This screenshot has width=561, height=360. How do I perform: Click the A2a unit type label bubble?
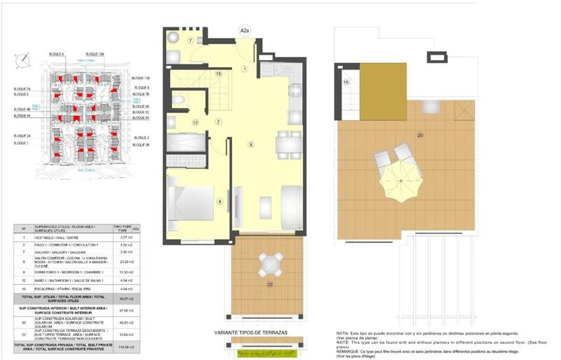click(245, 31)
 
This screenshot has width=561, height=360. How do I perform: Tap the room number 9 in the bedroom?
click(219, 201)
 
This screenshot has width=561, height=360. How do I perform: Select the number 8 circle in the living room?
click(250, 145)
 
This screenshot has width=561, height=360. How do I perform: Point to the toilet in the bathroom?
click(178, 101)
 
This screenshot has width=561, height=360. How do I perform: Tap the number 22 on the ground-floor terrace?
click(269, 284)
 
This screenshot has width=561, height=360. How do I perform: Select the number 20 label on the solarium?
click(420, 135)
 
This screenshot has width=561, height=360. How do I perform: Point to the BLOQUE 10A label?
click(95, 54)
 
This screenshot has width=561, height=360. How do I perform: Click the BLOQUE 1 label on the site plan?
click(22, 143)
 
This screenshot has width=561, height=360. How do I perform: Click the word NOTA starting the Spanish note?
click(342, 333)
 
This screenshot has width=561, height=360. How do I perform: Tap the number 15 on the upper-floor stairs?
click(346, 82)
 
